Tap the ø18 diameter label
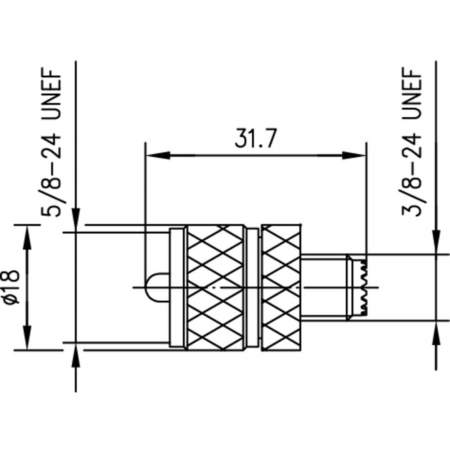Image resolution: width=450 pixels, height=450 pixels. [x=12, y=288]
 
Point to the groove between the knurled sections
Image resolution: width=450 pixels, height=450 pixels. [x=253, y=288]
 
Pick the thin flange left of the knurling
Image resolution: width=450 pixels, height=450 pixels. [x=177, y=288]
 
